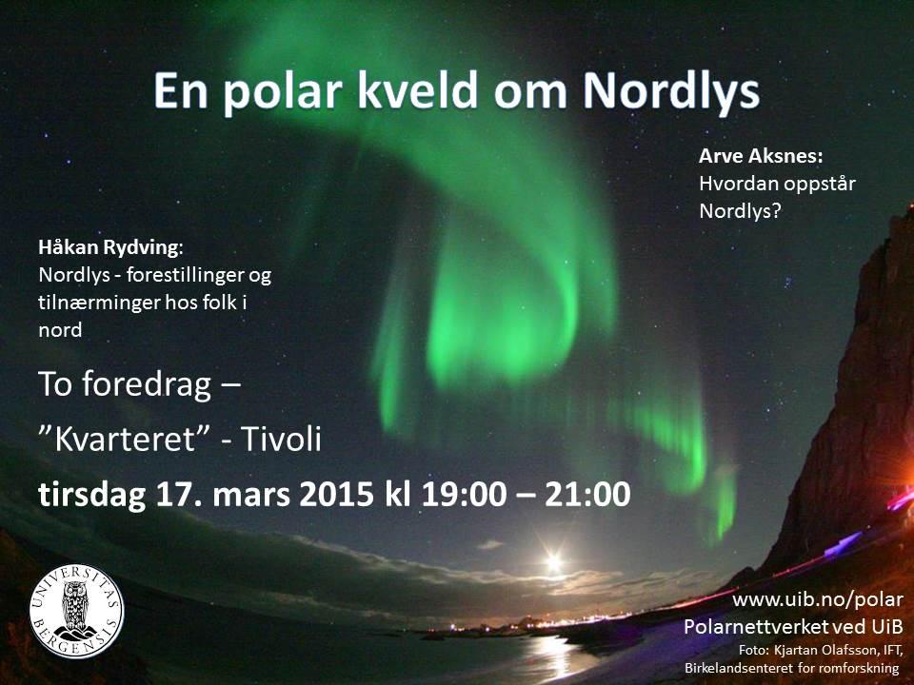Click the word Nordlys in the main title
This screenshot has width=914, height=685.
pyautogui.click(x=671, y=92)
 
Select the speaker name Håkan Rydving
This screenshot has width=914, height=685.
pyautogui.click(x=109, y=248)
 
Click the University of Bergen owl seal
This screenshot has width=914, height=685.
pyautogui.click(x=76, y=610)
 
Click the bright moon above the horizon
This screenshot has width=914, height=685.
pyautogui.click(x=553, y=563)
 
